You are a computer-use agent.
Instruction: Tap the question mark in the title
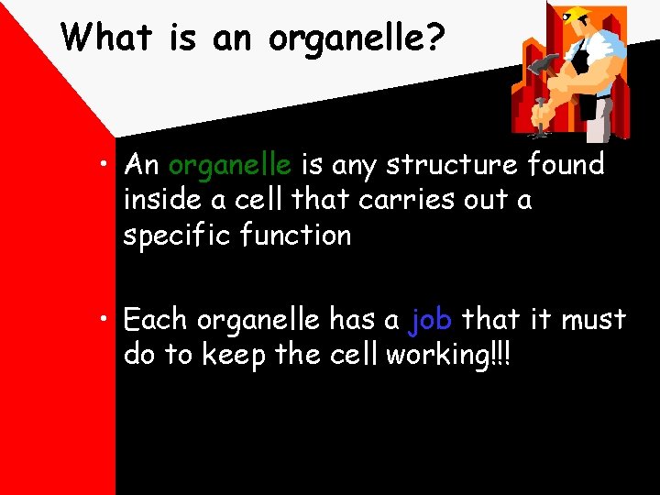coord(435,38)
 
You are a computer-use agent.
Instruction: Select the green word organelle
coord(230,165)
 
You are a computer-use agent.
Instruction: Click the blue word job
coord(430,319)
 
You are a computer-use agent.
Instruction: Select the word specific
coord(177,236)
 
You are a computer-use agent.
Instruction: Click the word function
coord(295,235)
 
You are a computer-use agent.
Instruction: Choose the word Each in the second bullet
coord(156,320)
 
